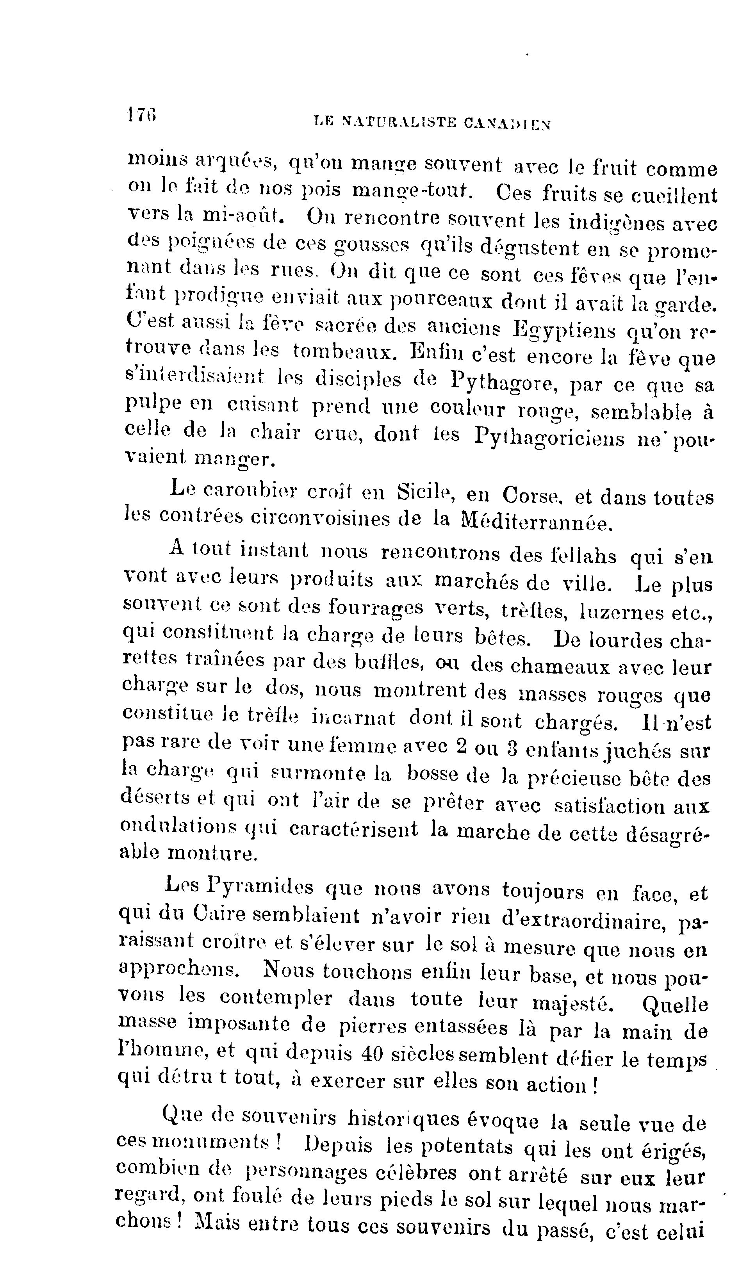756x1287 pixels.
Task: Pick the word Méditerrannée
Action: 535,521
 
